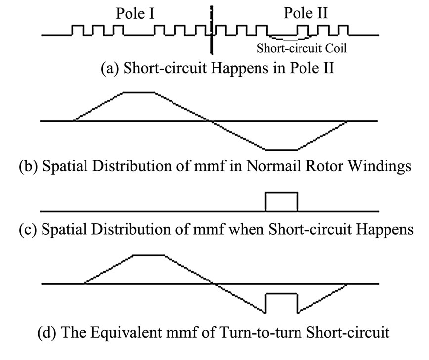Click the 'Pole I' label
pyautogui.click(x=135, y=13)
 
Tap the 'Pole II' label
pyautogui.click(x=305, y=13)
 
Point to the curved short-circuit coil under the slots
pyautogui.click(x=289, y=39)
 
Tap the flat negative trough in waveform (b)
pyautogui.click(x=281, y=150)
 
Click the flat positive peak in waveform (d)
pyautogui.click(x=149, y=255)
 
